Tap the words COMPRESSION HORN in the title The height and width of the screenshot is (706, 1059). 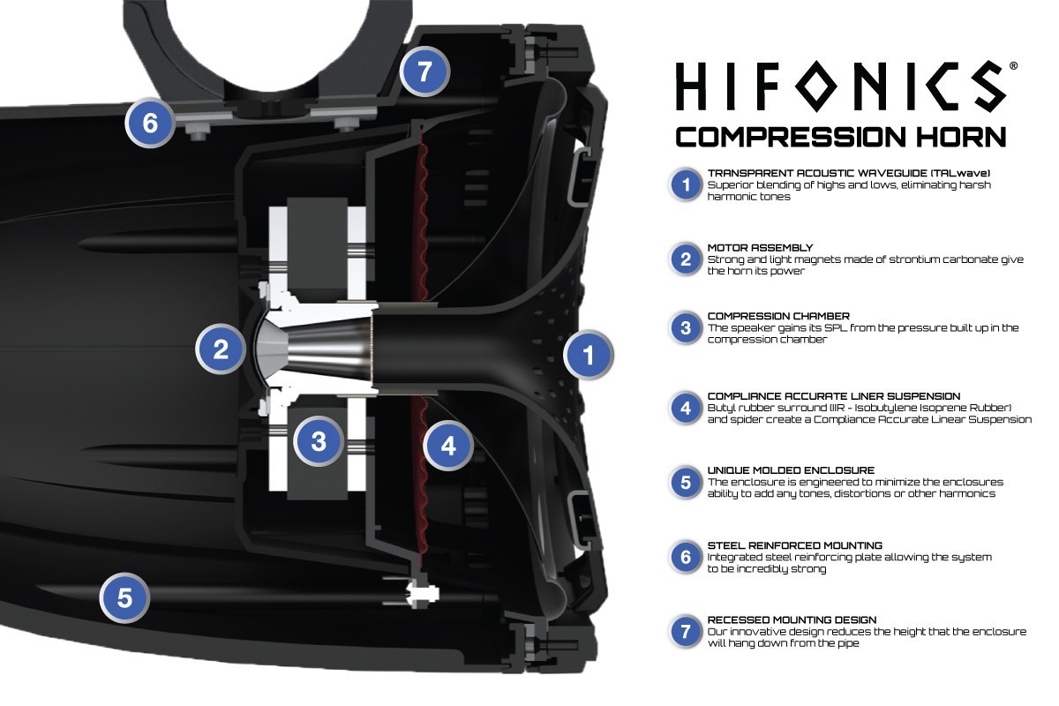(x=840, y=137)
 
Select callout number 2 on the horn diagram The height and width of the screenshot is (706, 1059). (x=221, y=349)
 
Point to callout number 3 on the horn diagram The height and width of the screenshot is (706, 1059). (x=319, y=441)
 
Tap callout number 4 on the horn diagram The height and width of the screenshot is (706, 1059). (x=448, y=447)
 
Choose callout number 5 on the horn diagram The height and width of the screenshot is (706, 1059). (x=124, y=598)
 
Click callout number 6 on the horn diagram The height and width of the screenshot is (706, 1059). (x=150, y=123)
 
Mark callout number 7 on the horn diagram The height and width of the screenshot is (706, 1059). (x=425, y=71)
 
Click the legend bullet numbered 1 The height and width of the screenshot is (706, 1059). (x=685, y=185)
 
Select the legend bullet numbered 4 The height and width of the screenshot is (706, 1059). (x=685, y=409)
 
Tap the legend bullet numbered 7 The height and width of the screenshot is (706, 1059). (x=685, y=632)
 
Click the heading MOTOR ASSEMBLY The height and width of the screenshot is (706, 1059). (x=760, y=248)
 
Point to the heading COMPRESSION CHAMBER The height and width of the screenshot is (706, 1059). (x=778, y=315)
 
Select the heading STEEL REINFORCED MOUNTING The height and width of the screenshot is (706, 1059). (x=794, y=545)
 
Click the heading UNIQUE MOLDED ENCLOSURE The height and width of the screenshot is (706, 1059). (x=791, y=470)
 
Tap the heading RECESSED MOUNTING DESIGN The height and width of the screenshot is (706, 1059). (x=792, y=620)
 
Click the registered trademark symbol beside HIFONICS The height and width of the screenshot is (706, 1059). (x=1012, y=66)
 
